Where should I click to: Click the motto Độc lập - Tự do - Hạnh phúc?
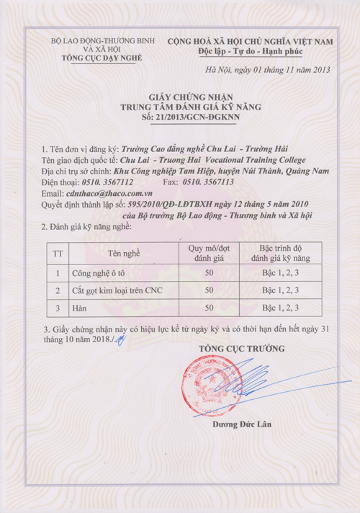(x=250, y=53)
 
